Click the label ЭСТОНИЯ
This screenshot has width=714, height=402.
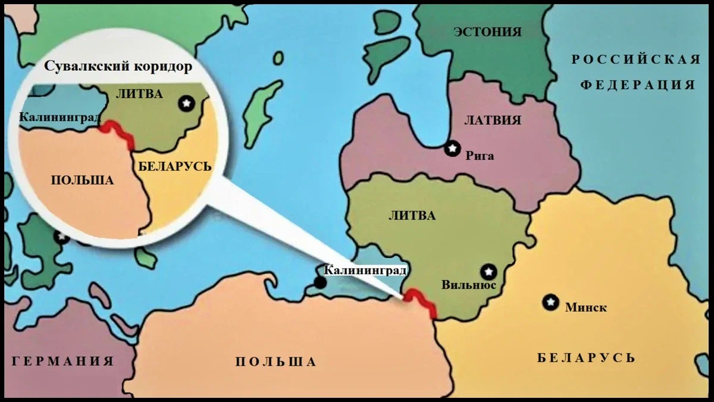click(487, 32)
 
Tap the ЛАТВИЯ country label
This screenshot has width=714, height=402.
click(492, 121)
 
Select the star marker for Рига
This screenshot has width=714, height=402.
click(453, 148)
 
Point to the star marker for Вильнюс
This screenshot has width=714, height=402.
click(488, 272)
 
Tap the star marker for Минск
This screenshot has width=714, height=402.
click(551, 302)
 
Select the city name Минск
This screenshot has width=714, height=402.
click(585, 307)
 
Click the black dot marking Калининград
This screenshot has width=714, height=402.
click(320, 282)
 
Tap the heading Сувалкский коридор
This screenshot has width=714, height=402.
click(118, 67)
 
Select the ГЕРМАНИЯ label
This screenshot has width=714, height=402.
click(62, 361)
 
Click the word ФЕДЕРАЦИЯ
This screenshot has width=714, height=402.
click(637, 85)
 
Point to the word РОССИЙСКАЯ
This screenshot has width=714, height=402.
click(636, 59)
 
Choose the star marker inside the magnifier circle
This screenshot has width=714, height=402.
click(187, 103)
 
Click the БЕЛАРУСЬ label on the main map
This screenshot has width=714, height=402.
click(586, 358)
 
